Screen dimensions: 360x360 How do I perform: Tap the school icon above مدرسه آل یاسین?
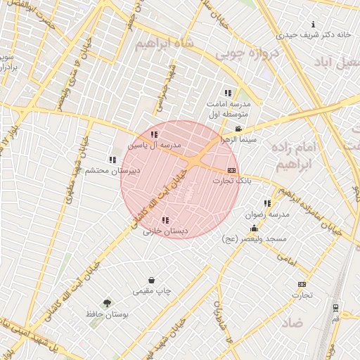[x=154, y=134]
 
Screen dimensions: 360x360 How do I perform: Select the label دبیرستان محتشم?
[x=119, y=171]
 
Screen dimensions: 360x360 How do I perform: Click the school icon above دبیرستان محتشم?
[x=113, y=160]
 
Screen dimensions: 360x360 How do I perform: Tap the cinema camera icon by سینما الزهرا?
[x=239, y=129]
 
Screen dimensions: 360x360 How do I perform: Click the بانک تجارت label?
[x=232, y=181]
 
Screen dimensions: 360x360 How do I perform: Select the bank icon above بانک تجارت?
[x=231, y=171]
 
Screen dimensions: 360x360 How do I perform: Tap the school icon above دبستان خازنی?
[x=165, y=220]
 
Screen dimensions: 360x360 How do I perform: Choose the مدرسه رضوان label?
[x=268, y=214]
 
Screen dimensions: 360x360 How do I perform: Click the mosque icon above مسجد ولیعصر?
[x=254, y=229]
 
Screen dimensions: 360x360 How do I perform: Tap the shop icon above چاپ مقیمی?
[x=151, y=280]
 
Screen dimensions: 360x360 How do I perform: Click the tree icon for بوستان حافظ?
[x=107, y=304]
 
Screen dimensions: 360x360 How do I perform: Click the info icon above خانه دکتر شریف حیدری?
[x=313, y=24]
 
